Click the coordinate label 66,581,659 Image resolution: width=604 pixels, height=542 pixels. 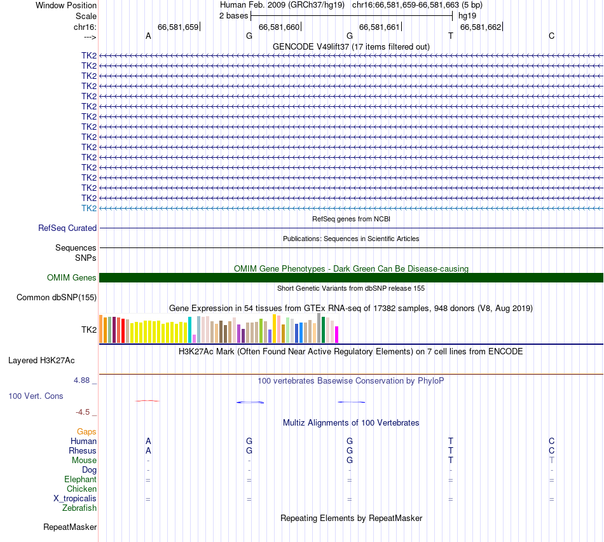coord(178,27)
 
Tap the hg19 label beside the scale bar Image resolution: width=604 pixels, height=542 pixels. coord(467,15)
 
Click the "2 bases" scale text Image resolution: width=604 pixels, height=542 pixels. coord(233,15)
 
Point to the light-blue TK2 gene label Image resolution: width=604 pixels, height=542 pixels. coord(89,208)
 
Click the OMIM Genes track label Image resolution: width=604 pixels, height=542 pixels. coord(72,277)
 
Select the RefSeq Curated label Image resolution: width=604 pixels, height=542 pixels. coord(67,228)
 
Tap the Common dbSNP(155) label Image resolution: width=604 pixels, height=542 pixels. coord(57,297)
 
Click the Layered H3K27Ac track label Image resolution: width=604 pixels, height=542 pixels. coord(41,360)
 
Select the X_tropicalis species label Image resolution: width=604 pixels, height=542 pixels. coord(75,499)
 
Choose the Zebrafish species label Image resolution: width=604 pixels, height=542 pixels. coord(79,508)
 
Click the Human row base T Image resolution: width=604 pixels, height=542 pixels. coord(451,441)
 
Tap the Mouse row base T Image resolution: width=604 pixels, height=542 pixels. coord(451,460)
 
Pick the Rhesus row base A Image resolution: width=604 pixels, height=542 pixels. coord(148,450)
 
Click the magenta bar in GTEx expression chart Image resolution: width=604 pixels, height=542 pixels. coord(337,335)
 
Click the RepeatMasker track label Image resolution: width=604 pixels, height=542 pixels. coord(70,527)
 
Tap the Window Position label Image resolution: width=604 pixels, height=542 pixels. coord(66,5)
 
